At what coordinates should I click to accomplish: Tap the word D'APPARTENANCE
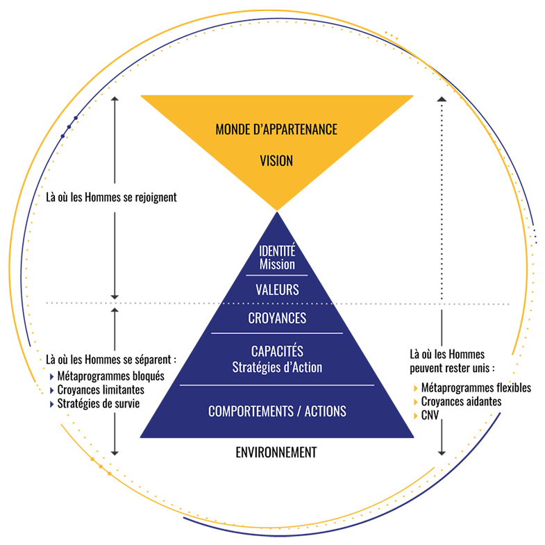click(x=297, y=130)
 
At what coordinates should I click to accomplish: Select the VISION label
click(x=276, y=160)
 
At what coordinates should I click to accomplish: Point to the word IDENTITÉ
click(x=277, y=251)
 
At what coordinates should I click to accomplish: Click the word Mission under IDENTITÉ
click(x=277, y=265)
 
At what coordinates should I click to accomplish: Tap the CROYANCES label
click(x=277, y=319)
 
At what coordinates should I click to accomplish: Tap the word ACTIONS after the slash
click(x=324, y=412)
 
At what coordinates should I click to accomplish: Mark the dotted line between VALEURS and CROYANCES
click(x=277, y=304)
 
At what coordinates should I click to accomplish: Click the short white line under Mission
click(x=277, y=276)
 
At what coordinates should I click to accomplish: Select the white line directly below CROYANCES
click(x=277, y=333)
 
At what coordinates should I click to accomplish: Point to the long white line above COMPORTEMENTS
click(x=277, y=385)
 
